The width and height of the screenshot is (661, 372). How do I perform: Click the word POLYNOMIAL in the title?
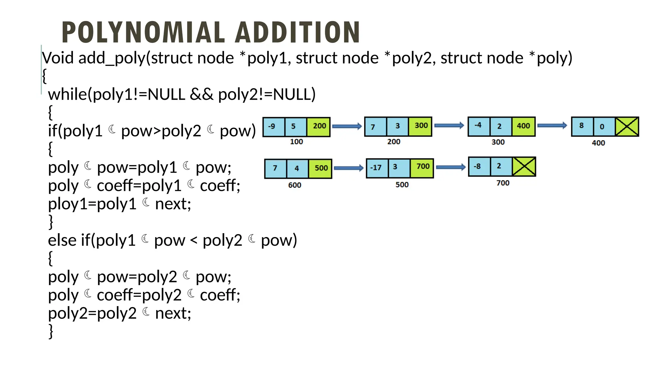[143, 32]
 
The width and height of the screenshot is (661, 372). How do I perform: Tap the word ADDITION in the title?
[297, 32]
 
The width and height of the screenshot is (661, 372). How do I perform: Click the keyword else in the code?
[62, 240]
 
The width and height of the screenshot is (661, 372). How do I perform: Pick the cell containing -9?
[274, 127]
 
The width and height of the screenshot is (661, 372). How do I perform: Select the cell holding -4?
[479, 126]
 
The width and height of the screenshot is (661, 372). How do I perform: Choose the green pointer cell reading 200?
[319, 127]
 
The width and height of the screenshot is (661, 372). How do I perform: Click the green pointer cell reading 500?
[320, 168]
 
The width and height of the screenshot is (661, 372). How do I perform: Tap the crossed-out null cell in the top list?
[627, 127]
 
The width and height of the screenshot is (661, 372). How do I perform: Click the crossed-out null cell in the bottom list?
[524, 167]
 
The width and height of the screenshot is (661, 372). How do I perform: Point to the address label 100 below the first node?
[296, 142]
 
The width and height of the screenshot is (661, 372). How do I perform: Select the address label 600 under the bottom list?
[295, 185]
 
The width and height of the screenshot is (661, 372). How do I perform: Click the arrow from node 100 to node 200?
[347, 126]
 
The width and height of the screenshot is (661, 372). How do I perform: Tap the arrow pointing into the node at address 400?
[552, 126]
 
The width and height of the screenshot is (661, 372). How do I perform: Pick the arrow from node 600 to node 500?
[349, 168]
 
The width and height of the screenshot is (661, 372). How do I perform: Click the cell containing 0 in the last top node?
[602, 127]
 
